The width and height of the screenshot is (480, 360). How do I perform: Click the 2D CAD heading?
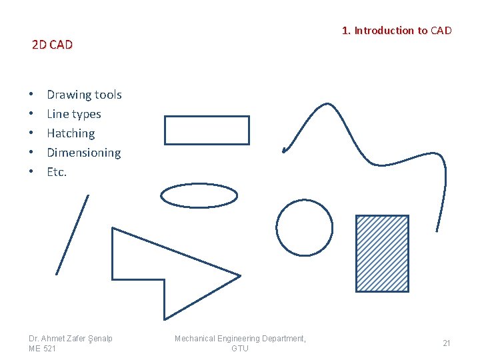coord(53,45)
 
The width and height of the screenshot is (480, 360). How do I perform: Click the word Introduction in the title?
coord(384,31)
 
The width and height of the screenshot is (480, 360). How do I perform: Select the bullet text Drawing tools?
coord(84,95)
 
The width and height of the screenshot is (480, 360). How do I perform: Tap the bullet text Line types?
coord(74,114)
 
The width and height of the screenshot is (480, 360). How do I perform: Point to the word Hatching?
coord(71,134)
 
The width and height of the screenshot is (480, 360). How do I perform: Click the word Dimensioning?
coord(84,153)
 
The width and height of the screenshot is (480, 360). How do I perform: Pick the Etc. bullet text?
coord(57,172)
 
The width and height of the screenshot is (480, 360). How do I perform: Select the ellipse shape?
coord(199,184)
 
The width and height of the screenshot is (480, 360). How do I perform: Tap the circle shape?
coord(304,200)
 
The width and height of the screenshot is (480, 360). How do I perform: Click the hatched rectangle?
coord(382,254)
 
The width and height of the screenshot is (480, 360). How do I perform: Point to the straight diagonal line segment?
coord(73,235)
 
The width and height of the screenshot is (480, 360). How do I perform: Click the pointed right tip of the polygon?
coord(241,276)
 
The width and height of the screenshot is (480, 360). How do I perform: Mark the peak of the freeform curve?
coord(327,104)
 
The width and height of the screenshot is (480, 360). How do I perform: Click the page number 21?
coord(447,343)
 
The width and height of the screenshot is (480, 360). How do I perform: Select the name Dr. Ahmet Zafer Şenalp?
coord(71,339)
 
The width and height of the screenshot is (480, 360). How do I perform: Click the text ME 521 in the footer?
coord(42,349)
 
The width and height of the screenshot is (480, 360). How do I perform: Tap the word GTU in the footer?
coord(240,349)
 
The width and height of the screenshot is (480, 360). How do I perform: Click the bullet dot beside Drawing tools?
coord(31,94)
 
